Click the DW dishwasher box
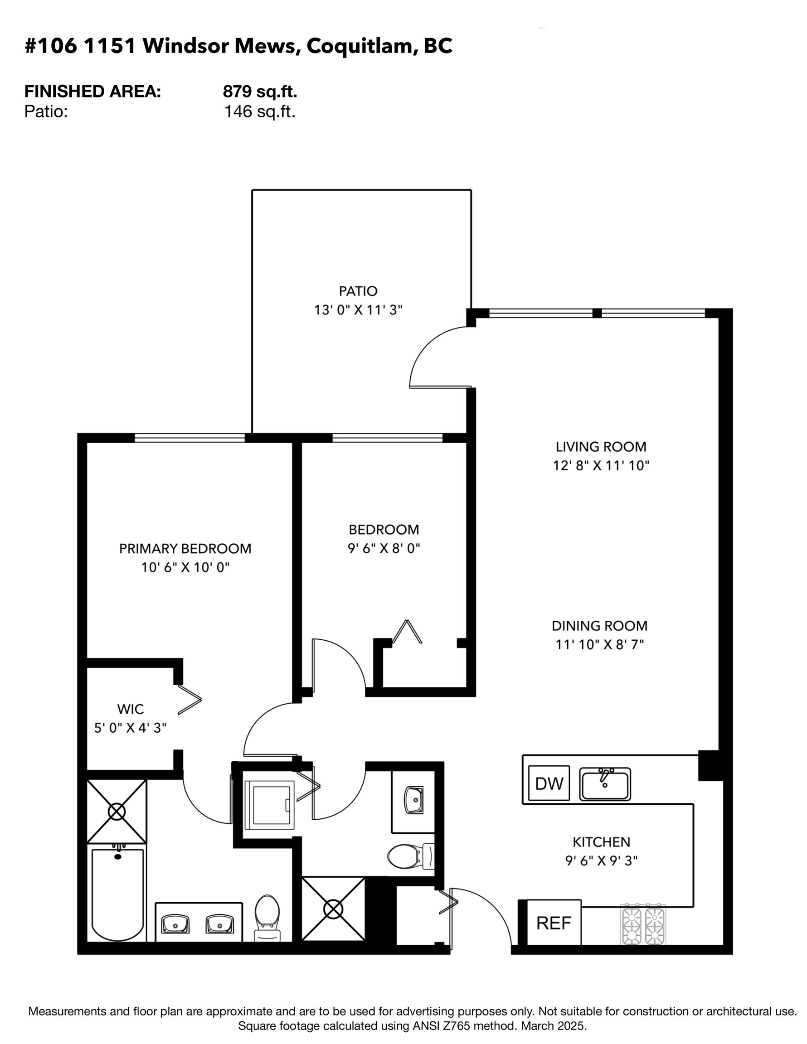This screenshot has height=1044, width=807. [x=549, y=783]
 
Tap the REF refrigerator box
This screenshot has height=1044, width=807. [x=554, y=923]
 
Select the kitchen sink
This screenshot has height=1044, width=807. [x=605, y=784]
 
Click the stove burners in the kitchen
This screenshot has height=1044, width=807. [x=643, y=924]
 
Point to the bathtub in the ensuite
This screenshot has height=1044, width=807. [x=118, y=893]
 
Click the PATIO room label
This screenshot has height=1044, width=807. [x=358, y=291]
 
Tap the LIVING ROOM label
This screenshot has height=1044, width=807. [x=601, y=447]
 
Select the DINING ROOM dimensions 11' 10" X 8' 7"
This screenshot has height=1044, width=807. [x=599, y=644]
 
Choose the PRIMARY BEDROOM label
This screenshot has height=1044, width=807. [x=185, y=549]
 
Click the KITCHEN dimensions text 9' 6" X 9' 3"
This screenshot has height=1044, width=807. [x=601, y=860]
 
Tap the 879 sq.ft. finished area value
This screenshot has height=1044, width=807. [x=260, y=91]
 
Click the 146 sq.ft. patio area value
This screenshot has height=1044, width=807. [x=260, y=112]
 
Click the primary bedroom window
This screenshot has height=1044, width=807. [x=190, y=438]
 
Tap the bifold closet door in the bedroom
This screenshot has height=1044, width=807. [x=407, y=632]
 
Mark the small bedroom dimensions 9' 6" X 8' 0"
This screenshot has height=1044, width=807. [x=384, y=548]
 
